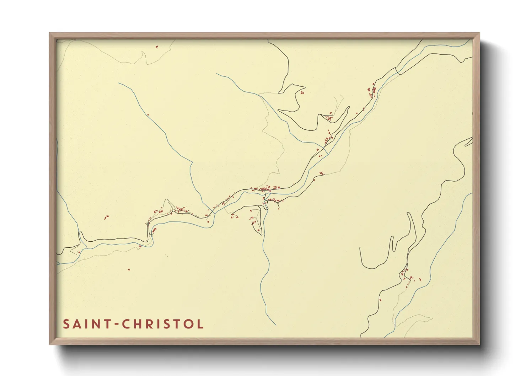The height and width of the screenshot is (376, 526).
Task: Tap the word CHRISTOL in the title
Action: point(163,324)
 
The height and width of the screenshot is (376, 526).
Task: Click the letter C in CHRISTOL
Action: point(127,324)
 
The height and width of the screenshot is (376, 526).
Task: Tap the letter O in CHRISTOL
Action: point(189,324)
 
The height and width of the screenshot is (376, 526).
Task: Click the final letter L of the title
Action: point(201,324)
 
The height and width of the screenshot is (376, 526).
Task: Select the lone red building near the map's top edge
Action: point(157,46)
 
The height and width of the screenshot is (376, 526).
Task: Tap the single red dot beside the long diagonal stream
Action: point(148,114)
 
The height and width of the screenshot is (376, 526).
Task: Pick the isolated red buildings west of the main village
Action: point(106,217)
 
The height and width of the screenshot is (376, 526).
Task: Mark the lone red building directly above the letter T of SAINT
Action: point(129,269)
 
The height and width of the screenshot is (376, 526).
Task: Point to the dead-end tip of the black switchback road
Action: point(360,248)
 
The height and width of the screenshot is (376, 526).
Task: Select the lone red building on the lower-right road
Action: point(380,299)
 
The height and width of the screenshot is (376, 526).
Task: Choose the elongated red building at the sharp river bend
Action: point(154,230)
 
